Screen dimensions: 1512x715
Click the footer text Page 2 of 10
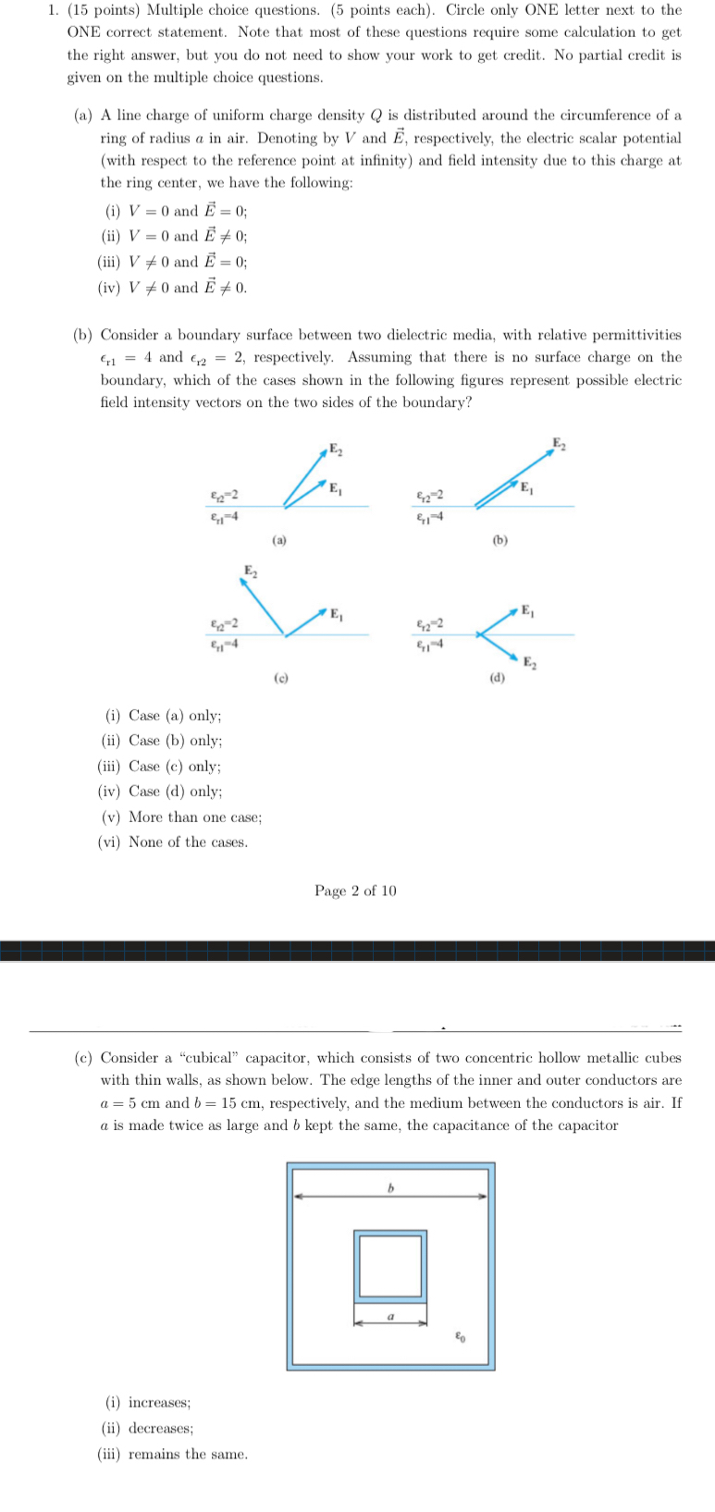355,891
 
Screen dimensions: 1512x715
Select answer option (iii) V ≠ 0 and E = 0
172,262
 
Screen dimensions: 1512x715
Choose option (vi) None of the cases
173,842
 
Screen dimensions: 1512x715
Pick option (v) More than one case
180,817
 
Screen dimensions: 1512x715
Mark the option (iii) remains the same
173,1454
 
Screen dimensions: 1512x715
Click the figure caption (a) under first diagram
279,539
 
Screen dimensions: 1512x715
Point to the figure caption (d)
498,678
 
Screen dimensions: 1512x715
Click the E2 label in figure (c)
250,570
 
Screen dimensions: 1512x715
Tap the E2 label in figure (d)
529,660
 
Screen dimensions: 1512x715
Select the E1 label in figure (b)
525,487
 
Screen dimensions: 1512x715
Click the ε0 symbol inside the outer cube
460,1336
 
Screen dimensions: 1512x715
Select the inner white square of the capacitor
390,1265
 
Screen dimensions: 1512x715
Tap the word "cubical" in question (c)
210,1057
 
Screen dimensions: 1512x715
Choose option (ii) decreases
149,1428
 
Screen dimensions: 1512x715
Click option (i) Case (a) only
162,715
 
